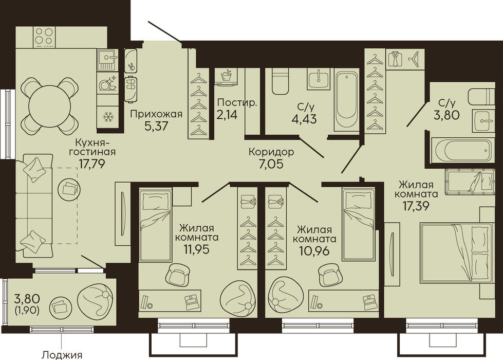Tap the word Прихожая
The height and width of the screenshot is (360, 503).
pyautogui.click(x=156, y=114)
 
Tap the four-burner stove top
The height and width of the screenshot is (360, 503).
pyautogui.click(x=44, y=36)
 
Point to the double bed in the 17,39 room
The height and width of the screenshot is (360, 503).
pyautogui.click(x=456, y=254)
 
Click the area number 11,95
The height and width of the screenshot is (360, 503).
pyautogui.click(x=197, y=249)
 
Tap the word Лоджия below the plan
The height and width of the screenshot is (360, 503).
pyautogui.click(x=62, y=355)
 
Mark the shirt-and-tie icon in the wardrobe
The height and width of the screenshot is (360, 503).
pyautogui.click(x=395, y=60)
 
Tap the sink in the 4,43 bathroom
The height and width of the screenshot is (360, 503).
pyautogui.click(x=319, y=79)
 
